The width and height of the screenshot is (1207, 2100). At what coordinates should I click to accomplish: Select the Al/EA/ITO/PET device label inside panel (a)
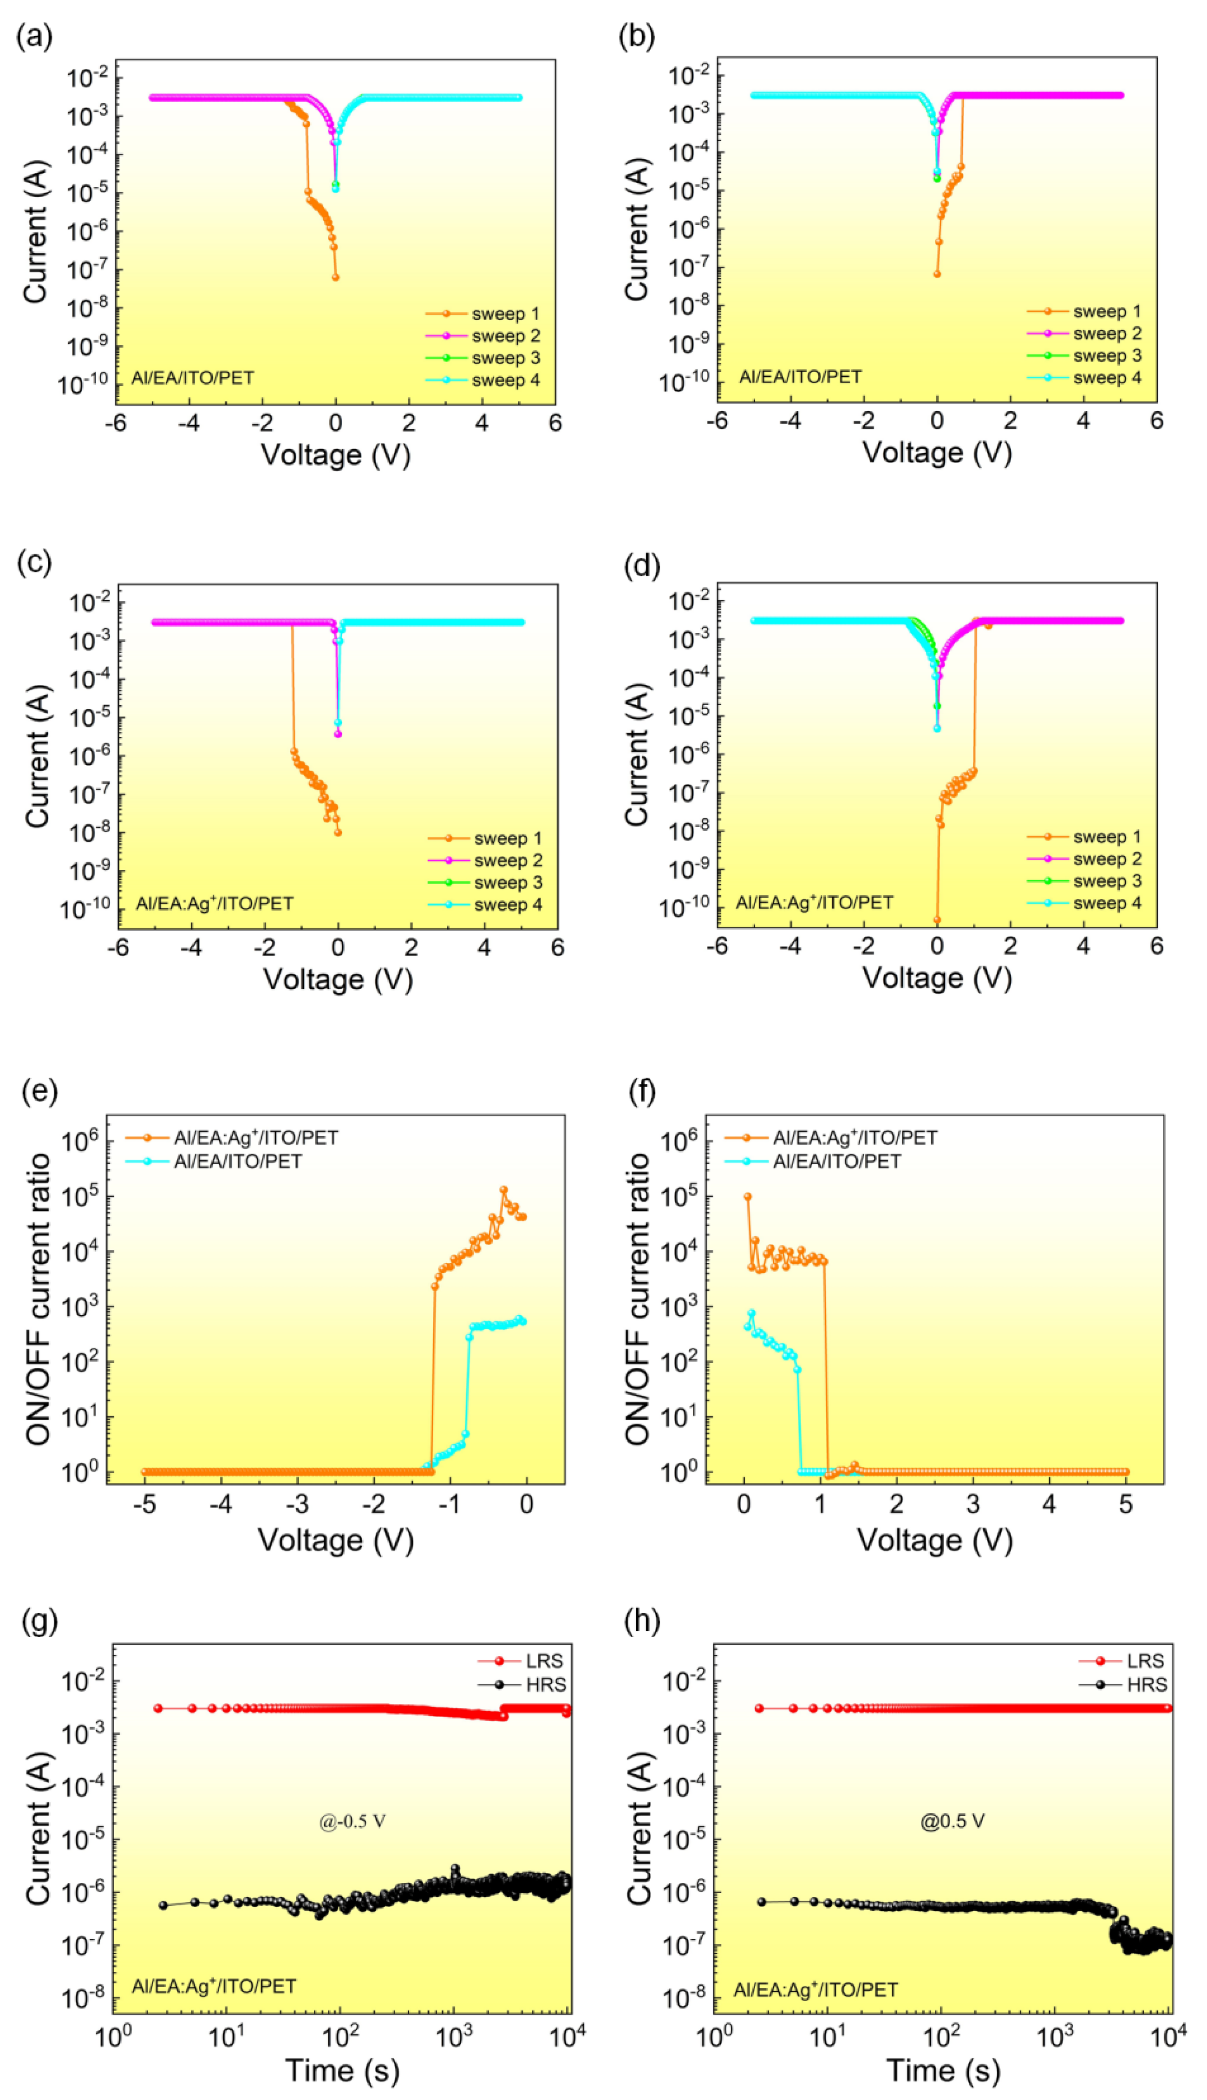tap(192, 378)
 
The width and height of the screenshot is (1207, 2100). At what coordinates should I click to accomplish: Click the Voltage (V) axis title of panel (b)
tap(937, 453)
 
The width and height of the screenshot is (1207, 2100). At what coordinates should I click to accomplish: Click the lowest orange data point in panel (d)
tap(937, 919)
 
